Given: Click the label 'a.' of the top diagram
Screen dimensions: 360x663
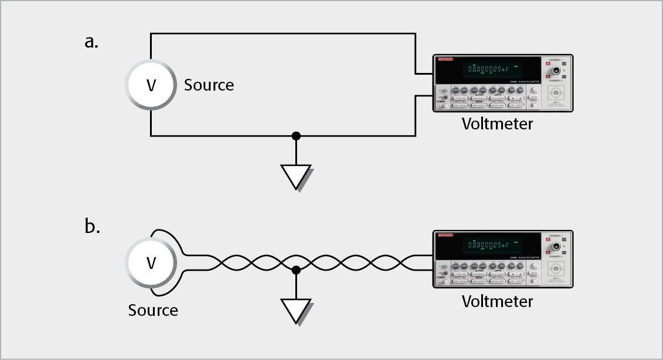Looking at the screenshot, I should [91, 42].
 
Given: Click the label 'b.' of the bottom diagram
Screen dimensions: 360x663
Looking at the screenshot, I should [92, 226].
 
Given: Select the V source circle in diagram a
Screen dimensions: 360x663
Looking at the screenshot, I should [151, 85].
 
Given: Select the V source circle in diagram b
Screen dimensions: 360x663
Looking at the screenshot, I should [151, 262].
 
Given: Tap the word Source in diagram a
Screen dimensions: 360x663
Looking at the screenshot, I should [209, 85].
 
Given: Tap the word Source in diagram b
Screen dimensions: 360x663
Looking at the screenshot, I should [153, 310].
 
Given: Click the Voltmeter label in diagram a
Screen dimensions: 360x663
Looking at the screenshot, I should [497, 124].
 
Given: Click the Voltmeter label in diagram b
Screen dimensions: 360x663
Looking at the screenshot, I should [497, 301].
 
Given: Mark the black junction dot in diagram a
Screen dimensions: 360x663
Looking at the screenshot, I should [296, 136].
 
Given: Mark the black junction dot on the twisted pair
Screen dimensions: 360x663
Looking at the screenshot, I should [296, 270].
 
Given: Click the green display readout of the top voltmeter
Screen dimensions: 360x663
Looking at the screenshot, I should [488, 69].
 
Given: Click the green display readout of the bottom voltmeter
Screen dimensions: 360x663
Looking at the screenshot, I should [488, 245].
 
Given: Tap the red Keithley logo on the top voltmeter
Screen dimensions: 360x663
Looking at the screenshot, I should [445, 59].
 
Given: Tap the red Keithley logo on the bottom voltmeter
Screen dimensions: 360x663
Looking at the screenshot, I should [445, 235].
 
